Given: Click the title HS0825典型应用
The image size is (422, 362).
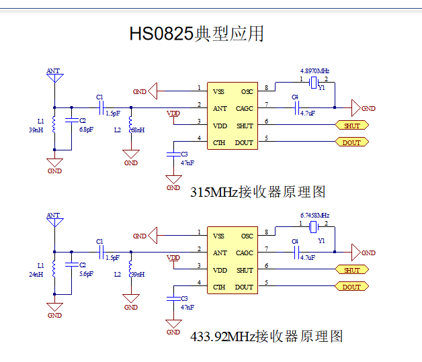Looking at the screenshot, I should pos(196,34).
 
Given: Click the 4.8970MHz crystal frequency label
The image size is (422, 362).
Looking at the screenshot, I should pos(314,71).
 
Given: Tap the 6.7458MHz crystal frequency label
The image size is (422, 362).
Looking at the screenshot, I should pos(314,216).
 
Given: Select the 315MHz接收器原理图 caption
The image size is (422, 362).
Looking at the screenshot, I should pos(258,192).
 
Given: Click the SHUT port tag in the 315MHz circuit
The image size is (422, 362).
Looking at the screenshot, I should pos(351,126).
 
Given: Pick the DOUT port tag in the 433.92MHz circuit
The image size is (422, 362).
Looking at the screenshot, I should pos(351,287).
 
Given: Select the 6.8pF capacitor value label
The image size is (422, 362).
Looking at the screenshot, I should pos(86,129).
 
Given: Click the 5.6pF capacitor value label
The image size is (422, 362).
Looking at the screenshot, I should pos(86,274).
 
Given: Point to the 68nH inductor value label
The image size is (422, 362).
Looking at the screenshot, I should pos(138,130).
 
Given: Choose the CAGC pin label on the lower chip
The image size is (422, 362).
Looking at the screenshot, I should pos(244,253).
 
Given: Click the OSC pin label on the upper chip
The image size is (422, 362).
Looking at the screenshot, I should pos(247,91).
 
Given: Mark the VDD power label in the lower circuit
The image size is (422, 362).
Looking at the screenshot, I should pos(173,258).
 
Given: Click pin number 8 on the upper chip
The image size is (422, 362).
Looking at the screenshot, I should pos(267,88).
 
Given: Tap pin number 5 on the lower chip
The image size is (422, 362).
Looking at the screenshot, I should pos(267,283).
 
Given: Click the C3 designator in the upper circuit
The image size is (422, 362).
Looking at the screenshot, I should pos(185,154).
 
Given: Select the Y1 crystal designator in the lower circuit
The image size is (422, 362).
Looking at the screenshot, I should pos(322,240).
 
